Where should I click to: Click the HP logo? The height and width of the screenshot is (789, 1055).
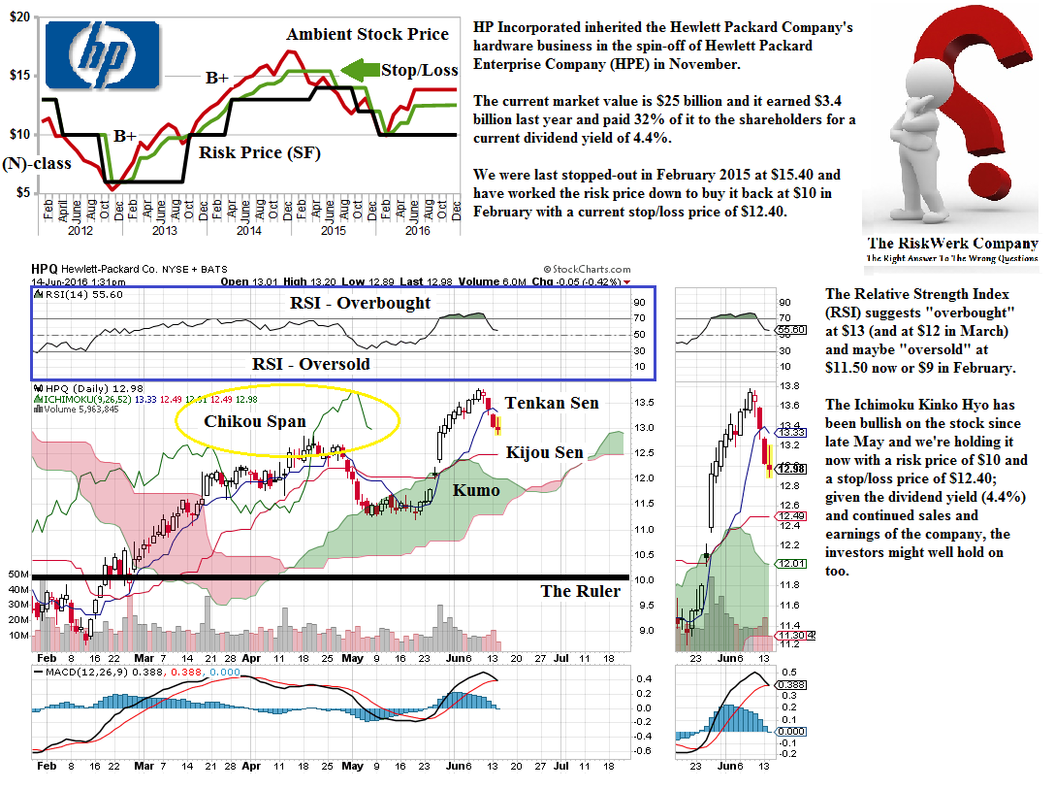pos(102,56)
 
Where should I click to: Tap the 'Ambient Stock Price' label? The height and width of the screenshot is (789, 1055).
pos(368,35)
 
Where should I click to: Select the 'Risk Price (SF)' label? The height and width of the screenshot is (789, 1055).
pos(259,152)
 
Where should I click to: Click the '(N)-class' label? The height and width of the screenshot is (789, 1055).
pos(37,163)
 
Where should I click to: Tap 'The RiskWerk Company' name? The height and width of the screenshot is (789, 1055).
pos(952,244)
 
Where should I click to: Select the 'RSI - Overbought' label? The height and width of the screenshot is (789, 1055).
pos(360,303)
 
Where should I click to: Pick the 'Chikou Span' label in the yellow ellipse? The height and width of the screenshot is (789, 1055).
pos(255,421)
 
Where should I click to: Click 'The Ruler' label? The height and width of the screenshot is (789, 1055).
pos(580,591)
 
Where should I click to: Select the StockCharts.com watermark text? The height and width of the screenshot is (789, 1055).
pos(587,270)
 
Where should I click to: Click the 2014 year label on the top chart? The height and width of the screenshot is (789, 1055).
pos(250,231)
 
